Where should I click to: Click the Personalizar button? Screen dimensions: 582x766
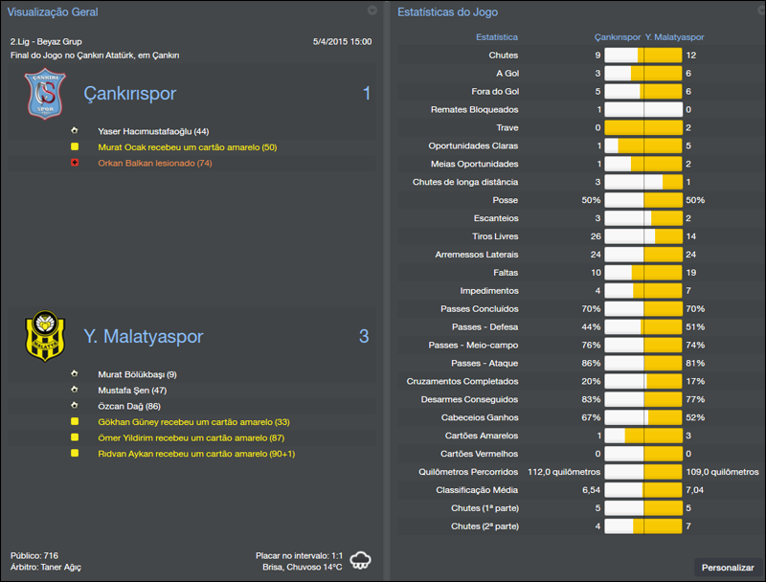728,568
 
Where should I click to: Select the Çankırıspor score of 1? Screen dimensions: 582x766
366,94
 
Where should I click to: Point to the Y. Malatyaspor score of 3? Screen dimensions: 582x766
364,337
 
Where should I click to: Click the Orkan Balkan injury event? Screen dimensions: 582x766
154,164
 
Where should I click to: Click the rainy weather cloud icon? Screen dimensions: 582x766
361,560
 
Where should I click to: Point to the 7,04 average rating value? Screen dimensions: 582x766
695,490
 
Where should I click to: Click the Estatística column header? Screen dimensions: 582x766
497,37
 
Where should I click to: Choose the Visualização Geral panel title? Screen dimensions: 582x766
53,12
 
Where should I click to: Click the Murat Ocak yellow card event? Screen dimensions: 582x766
187,147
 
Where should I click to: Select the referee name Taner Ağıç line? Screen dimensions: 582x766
46,568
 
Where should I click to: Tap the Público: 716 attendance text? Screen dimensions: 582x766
34,555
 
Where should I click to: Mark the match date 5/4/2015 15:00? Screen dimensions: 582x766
342,42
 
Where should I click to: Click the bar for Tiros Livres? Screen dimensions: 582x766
642,236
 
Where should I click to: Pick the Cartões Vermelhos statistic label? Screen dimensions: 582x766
479,454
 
